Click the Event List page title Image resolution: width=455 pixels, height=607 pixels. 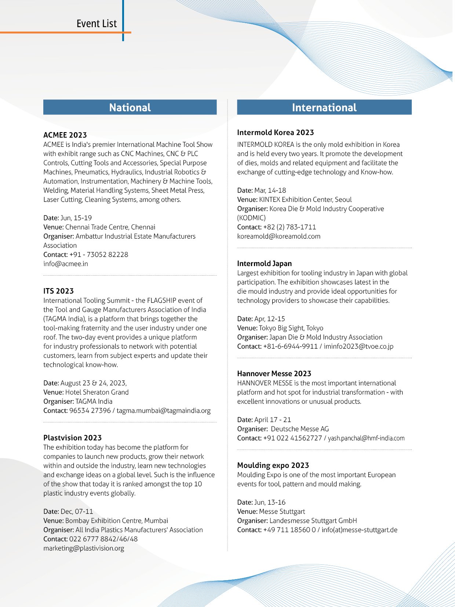click(97, 24)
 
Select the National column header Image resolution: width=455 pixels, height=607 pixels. click(130, 108)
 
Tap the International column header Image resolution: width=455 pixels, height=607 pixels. click(324, 108)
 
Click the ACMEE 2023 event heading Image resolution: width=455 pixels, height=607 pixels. click(65, 135)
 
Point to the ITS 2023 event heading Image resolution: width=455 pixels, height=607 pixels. click(58, 291)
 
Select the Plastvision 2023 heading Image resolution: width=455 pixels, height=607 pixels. click(72, 438)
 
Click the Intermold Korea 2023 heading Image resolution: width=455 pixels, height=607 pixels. click(275, 132)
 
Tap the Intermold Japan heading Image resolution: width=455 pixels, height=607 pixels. click(264, 263)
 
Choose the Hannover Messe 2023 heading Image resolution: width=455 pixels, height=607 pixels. click(274, 374)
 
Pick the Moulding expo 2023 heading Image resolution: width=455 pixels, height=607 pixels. click(273, 465)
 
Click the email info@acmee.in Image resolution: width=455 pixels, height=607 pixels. click(66, 264)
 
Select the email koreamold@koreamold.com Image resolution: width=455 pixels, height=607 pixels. click(279, 236)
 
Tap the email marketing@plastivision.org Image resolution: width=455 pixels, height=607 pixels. click(84, 548)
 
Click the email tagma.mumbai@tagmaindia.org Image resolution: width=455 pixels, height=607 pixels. click(164, 411)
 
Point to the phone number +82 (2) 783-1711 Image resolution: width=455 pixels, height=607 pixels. click(290, 227)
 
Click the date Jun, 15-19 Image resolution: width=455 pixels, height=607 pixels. click(76, 218)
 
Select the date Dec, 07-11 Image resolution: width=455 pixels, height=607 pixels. click(77, 512)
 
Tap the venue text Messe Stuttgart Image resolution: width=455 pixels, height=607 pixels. click(282, 512)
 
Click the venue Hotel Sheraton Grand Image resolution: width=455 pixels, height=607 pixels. click(97, 392)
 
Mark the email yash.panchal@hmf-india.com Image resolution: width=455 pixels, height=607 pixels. click(366, 438)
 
